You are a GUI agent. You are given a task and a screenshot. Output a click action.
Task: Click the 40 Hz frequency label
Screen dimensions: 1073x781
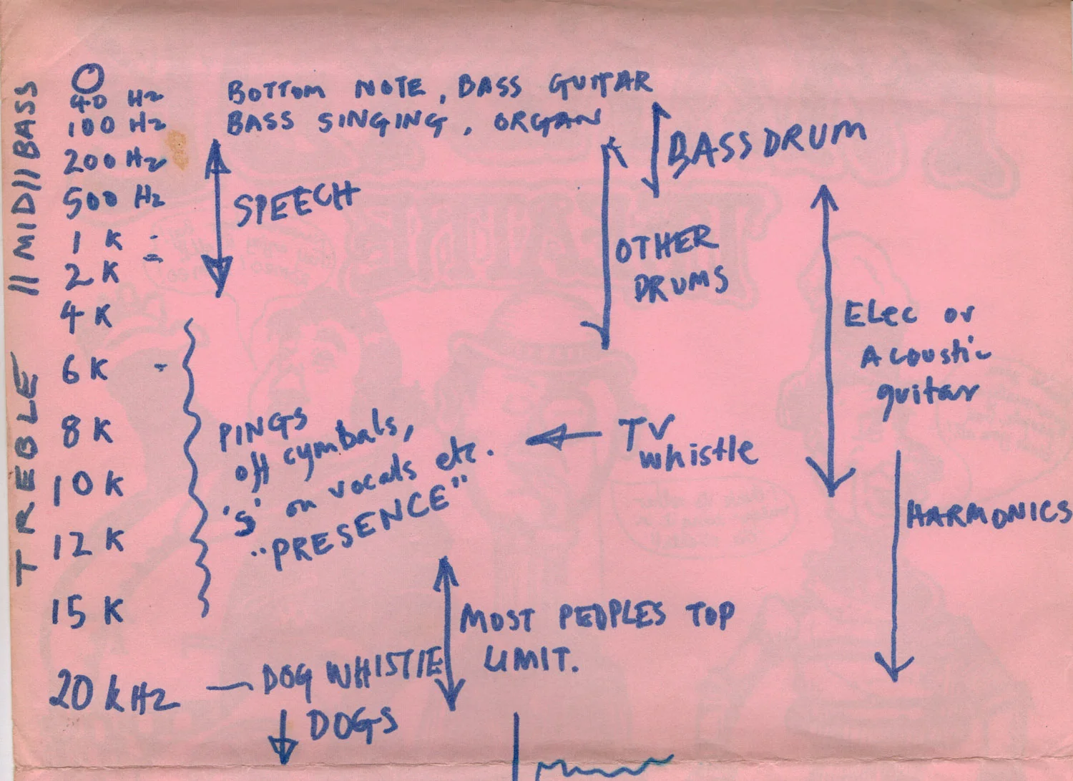tap(114, 100)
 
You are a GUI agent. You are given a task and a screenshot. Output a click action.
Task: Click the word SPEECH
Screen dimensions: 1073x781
tap(295, 203)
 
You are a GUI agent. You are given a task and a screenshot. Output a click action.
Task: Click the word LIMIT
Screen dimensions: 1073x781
tap(529, 659)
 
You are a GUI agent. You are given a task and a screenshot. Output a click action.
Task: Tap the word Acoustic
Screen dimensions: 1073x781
tap(924, 354)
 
